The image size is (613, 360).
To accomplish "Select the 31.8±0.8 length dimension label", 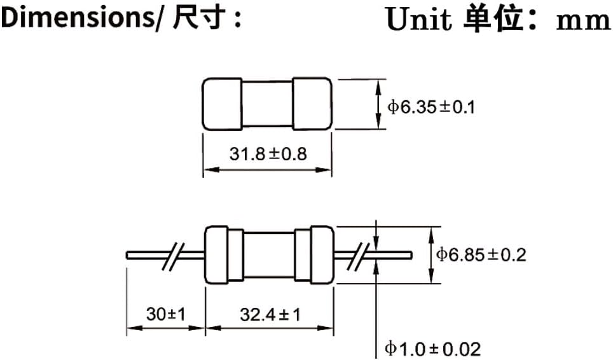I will (267, 154).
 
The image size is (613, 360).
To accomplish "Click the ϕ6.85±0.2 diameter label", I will (481, 255).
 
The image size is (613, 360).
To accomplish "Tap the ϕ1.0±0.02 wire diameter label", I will (432, 349).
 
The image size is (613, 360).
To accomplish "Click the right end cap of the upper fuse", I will (312, 104).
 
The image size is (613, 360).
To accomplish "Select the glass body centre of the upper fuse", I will (267, 104).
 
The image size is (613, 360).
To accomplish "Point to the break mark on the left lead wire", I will (172, 254).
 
